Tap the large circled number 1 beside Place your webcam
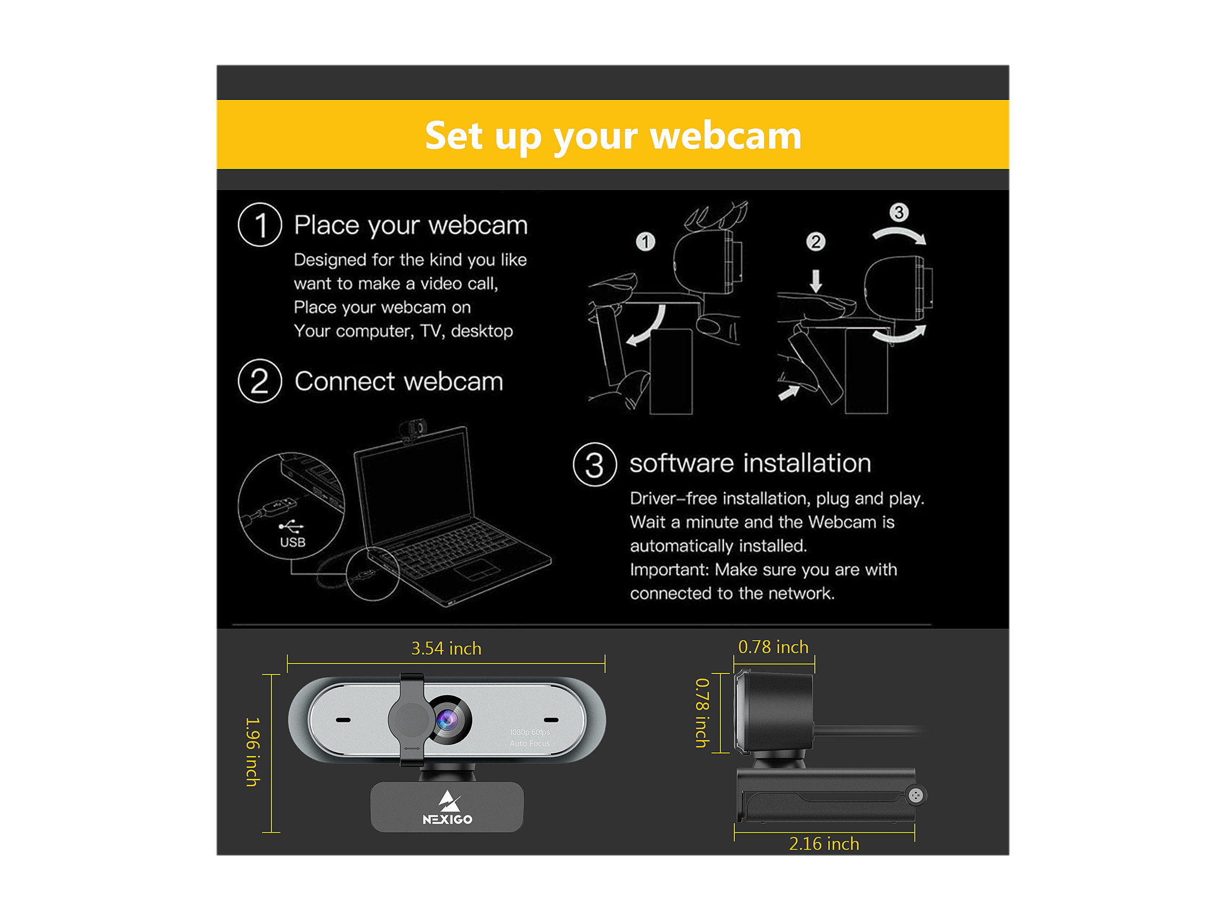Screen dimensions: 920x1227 click(259, 225)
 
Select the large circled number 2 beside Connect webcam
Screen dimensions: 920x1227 click(259, 381)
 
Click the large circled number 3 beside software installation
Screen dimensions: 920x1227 click(595, 465)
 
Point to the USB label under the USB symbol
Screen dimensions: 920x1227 click(292, 543)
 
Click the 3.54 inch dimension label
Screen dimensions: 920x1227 click(446, 648)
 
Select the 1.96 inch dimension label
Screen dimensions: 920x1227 click(252, 752)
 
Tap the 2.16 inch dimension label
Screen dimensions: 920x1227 click(824, 843)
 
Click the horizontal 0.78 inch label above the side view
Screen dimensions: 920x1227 click(773, 646)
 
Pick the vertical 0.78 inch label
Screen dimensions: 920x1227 click(702, 713)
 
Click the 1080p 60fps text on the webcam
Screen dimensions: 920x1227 click(530, 732)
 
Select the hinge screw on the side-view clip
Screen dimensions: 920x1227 click(916, 796)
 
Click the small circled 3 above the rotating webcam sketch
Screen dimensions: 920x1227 click(898, 212)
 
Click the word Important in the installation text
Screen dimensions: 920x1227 click(669, 570)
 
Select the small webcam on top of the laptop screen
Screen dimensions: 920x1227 click(412, 430)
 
